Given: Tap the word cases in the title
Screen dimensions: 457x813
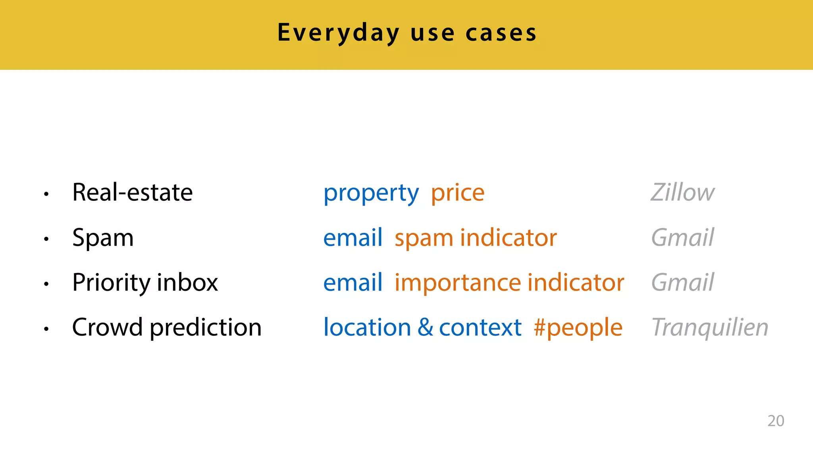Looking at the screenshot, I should coord(501,33).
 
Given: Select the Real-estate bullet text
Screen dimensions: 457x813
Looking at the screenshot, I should coord(132,192).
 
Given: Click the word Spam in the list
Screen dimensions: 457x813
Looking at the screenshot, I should coord(103,238).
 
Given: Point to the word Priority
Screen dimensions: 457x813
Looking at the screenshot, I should coord(111,283).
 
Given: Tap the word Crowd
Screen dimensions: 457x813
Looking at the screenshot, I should coord(107,327).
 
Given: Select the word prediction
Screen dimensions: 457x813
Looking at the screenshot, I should coord(206,328).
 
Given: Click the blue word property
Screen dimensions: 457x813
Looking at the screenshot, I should coord(371,194).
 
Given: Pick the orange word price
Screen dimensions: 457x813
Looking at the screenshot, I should coord(458,194).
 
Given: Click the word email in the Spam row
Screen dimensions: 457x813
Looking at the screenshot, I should coord(353,238).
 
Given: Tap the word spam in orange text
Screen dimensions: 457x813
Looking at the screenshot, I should coord(424,238).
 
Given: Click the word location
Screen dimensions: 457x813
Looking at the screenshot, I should coord(367,327).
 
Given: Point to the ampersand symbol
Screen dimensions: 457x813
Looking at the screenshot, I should coord(425,327).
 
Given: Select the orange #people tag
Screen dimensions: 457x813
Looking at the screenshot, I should coord(578,328).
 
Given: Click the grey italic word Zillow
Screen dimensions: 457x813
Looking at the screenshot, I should coord(682,192).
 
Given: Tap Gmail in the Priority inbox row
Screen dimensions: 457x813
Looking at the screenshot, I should coord(682,282).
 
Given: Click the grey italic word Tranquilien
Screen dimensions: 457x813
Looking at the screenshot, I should coord(710,327).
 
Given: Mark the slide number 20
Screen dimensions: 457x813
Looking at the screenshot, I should coord(776,421).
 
